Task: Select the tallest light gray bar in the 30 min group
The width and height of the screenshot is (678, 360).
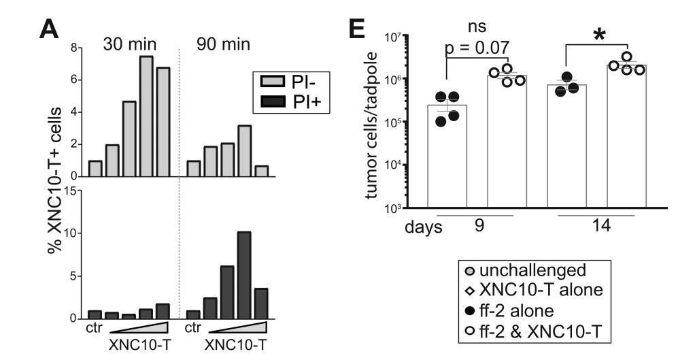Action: pyautogui.click(x=145, y=116)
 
